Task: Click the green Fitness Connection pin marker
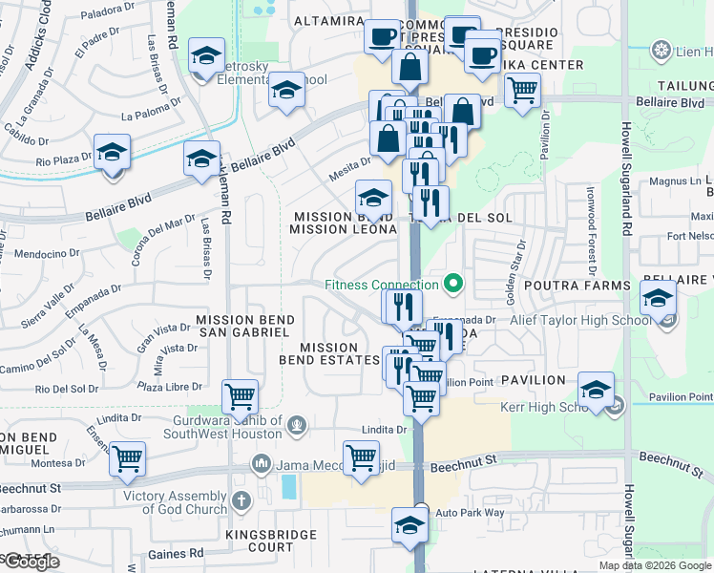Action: (453, 284)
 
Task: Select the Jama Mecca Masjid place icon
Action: (262, 466)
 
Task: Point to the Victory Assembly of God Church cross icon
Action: (241, 498)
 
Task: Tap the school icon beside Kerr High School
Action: (596, 391)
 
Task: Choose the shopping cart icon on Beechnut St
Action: (361, 457)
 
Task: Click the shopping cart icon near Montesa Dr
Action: (127, 458)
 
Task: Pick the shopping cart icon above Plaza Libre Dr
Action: (239, 394)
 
